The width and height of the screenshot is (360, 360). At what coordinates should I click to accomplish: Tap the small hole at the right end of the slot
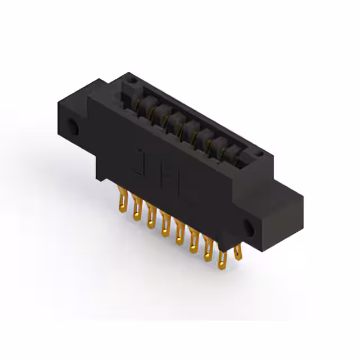(x=257, y=152)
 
